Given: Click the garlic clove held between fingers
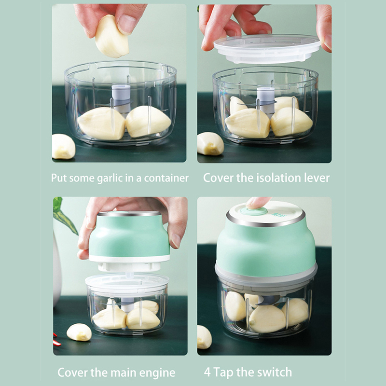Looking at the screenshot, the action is pos(111,37).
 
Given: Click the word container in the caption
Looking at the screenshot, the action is pos(166,178).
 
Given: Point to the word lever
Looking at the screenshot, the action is pos(317,178).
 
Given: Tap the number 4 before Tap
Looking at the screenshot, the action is pos(207,372).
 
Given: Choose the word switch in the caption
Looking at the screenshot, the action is pos(276,372).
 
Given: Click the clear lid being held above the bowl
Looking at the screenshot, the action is pos(267,49).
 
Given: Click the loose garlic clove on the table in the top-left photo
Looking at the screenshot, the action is pos(63,147).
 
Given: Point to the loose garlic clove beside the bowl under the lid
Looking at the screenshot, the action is pos(210,144).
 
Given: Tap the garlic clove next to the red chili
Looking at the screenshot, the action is pos(79,332).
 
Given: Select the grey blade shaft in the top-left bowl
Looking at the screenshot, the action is pos(121,99).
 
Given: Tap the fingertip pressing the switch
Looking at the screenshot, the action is pos(256,203).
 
